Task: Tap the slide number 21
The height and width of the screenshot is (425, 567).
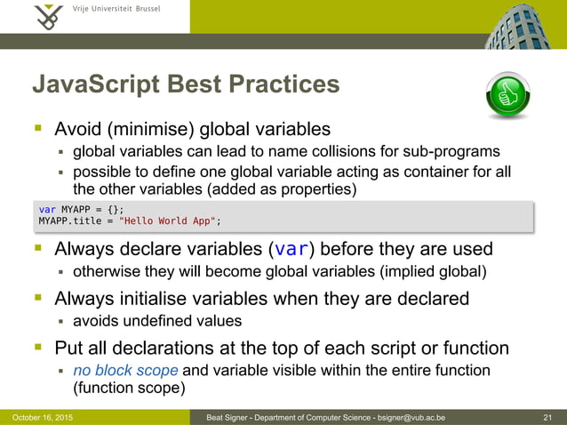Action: point(547,417)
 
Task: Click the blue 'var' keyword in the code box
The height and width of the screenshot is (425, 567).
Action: point(46,209)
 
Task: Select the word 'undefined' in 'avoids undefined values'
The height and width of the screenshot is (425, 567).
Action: point(160,321)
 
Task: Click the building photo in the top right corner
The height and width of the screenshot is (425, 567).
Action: point(516,24)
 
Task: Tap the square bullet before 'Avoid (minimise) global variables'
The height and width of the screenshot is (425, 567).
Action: point(39,129)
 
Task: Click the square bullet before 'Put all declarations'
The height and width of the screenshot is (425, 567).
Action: point(39,347)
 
